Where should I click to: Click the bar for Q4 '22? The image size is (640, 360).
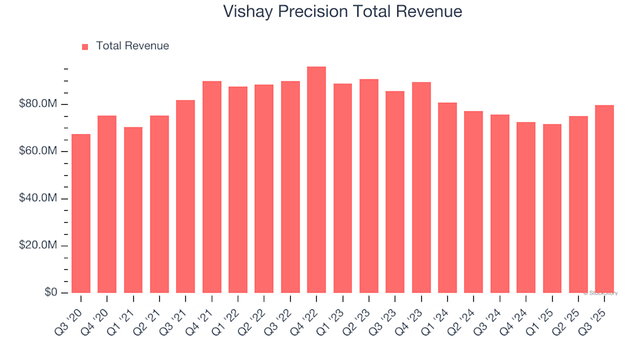pyautogui.click(x=317, y=180)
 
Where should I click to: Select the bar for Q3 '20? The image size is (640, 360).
pyautogui.click(x=81, y=213)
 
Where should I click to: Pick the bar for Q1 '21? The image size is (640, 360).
pyautogui.click(x=133, y=210)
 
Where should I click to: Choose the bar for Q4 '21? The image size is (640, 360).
pyautogui.click(x=212, y=187)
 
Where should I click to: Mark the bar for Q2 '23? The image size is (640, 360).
pyautogui.click(x=369, y=186)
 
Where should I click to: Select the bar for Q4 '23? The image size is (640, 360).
pyautogui.click(x=421, y=187)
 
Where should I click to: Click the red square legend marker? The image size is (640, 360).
pyautogui.click(x=85, y=47)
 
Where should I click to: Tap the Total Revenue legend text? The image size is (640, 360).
pyautogui.click(x=132, y=46)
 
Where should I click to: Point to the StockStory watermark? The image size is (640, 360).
pyautogui.click(x=600, y=293)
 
